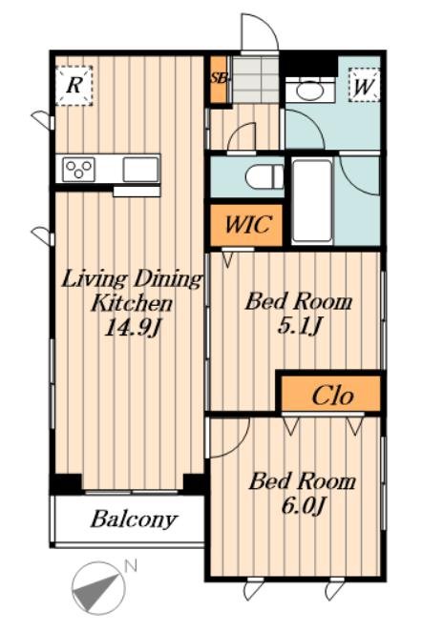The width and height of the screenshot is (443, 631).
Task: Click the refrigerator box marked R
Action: tap(74, 86)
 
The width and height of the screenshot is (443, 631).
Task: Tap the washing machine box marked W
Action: tap(364, 86)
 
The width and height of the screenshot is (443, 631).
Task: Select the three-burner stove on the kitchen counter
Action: tap(79, 169)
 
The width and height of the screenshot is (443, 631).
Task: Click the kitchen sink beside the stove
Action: tap(140, 170)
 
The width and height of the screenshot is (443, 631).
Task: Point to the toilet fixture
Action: tap(265, 176)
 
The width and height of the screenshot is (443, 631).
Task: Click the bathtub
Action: tap(312, 201)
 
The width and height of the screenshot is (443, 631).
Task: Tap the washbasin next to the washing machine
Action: tap(309, 90)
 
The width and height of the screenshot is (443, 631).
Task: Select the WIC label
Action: tap(246, 225)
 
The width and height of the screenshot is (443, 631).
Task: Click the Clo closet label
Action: tap(332, 396)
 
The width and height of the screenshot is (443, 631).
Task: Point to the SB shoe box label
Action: tap(219, 77)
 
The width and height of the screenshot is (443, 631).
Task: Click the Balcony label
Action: tap(134, 519)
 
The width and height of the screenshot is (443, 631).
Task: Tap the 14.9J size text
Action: tap(133, 328)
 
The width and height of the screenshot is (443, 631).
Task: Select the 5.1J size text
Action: tap(299, 325)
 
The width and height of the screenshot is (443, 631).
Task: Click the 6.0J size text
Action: tap(303, 505)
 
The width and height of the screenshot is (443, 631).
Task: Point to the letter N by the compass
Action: tap(131, 566)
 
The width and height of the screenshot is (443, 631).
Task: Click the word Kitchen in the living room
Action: tap(132, 303)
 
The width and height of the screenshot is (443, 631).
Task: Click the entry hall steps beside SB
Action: tap(256, 79)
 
